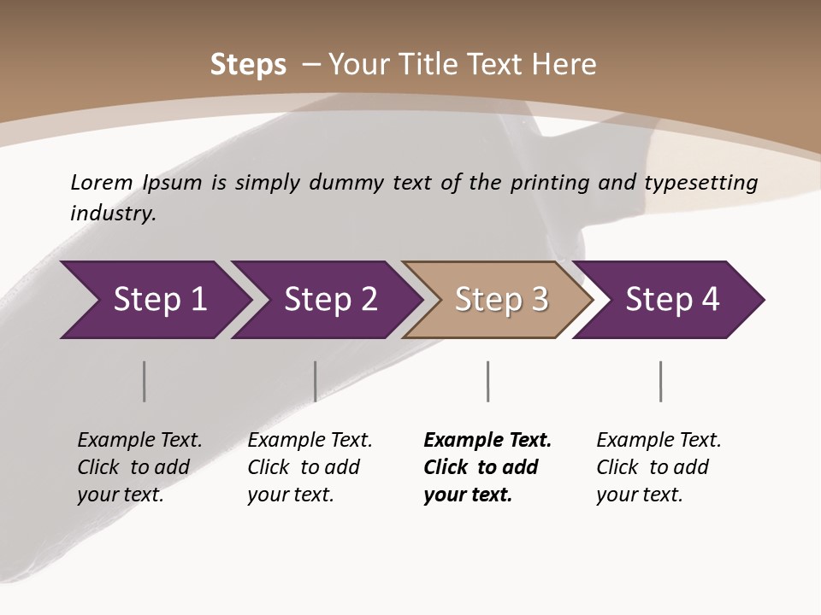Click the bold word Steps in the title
tap(248, 65)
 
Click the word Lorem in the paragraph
tap(102, 182)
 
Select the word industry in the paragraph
tap(113, 213)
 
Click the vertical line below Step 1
tap(144, 381)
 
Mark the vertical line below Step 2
tap(315, 381)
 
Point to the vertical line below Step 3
tap(487, 381)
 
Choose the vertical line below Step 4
tap(660, 381)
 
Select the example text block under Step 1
tap(139, 467)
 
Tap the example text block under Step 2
tap(310, 467)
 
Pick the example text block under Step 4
tap(659, 467)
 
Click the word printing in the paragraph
tap(543, 183)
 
